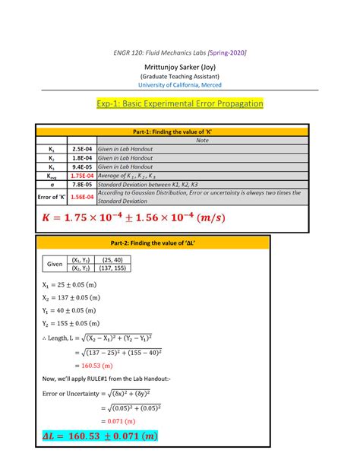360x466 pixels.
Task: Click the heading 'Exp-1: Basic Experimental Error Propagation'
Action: coord(180,103)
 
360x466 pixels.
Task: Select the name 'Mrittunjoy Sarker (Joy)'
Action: coord(180,66)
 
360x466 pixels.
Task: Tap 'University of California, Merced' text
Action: coord(180,85)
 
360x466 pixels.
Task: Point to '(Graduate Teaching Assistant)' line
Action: coord(180,76)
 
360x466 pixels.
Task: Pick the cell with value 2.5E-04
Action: coord(77,148)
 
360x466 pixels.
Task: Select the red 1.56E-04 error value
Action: coord(77,196)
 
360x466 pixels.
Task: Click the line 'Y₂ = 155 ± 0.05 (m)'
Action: coord(69,322)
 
